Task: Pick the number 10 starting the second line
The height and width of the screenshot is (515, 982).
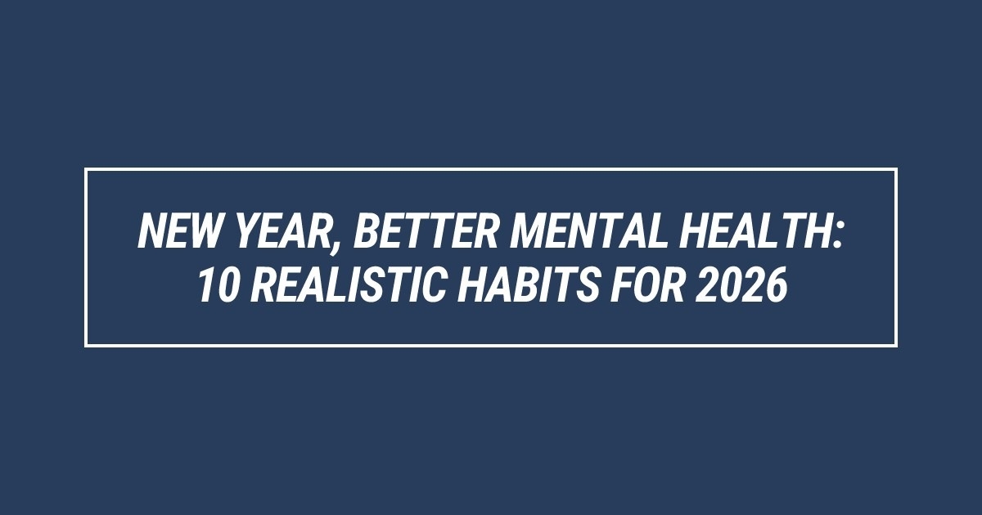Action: click(x=218, y=284)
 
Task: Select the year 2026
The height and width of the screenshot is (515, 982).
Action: click(x=741, y=284)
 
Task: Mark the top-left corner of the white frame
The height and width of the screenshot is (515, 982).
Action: click(x=86, y=169)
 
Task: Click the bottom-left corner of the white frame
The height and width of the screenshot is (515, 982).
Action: click(x=86, y=346)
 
